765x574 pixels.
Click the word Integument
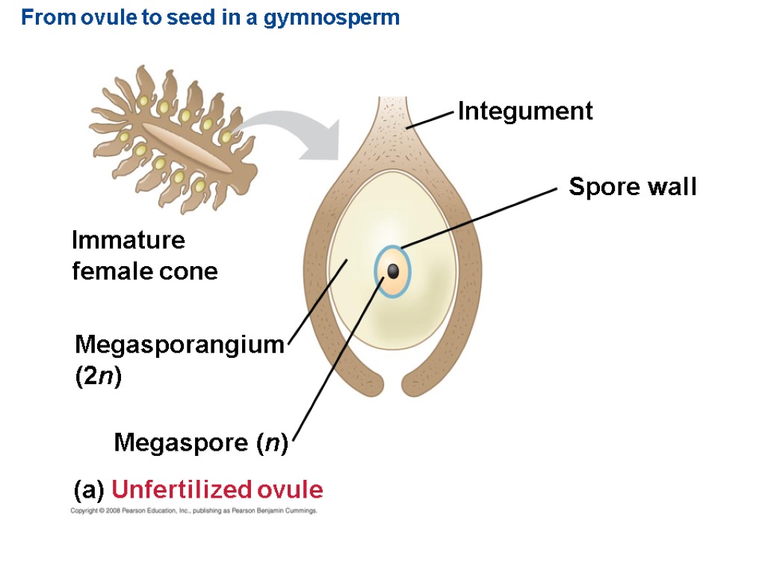click(x=525, y=111)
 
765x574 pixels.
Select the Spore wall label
click(x=632, y=186)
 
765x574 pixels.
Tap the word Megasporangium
click(x=180, y=345)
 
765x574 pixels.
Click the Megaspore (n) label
click(x=201, y=443)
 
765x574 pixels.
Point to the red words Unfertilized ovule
click(x=217, y=490)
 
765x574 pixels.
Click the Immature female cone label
click(x=144, y=256)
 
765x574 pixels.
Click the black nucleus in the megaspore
click(x=393, y=271)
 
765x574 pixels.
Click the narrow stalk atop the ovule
click(x=390, y=112)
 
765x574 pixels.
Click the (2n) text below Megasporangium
click(x=98, y=377)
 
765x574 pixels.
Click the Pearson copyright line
click(x=194, y=511)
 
